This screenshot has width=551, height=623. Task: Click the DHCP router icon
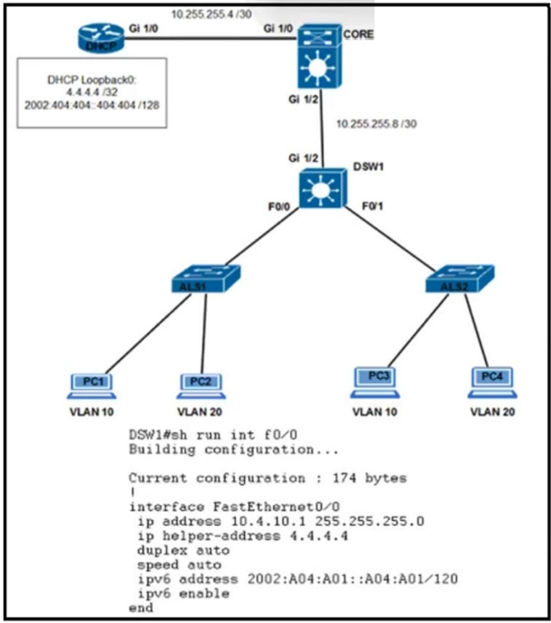(x=100, y=38)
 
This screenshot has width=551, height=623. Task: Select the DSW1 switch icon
(x=323, y=188)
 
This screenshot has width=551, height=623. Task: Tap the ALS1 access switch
(x=206, y=279)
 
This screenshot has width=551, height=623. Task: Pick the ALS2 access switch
(x=459, y=279)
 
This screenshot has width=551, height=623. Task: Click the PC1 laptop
(x=92, y=386)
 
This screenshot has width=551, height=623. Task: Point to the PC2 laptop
(x=201, y=386)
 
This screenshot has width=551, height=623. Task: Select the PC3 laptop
(x=375, y=382)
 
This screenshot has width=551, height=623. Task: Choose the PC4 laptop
(x=492, y=382)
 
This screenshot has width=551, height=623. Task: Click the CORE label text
(x=359, y=34)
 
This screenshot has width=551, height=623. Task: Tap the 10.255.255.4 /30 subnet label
(x=212, y=14)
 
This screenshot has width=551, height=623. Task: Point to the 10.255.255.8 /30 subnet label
(x=377, y=124)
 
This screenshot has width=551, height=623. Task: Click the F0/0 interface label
(x=279, y=207)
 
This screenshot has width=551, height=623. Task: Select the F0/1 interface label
(x=372, y=206)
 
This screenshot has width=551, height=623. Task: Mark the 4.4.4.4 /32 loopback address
(x=92, y=92)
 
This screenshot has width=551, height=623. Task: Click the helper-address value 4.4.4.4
(x=319, y=536)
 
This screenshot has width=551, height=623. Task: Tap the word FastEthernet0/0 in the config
(x=277, y=507)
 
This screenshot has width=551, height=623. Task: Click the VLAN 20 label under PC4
(x=492, y=412)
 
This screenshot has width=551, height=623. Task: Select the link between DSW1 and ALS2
(x=390, y=238)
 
